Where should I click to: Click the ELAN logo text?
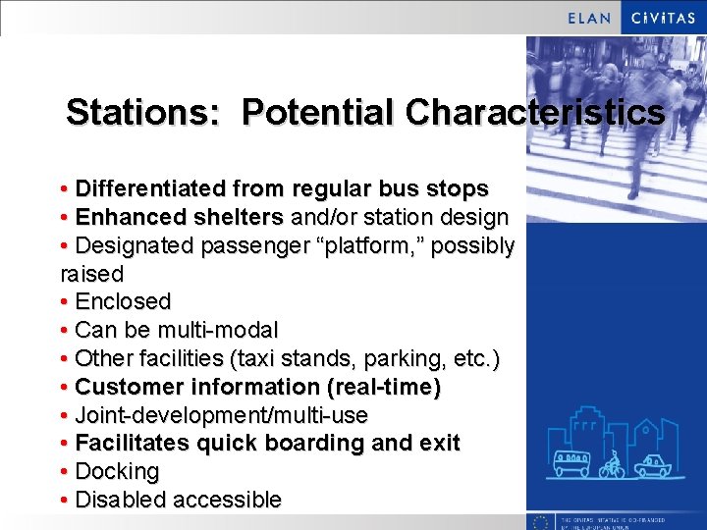tap(590, 18)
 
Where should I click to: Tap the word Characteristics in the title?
tap(535, 112)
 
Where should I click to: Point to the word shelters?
tap(243, 217)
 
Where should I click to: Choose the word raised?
tap(92, 274)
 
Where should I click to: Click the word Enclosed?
tap(123, 301)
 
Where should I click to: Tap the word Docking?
tap(117, 472)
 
